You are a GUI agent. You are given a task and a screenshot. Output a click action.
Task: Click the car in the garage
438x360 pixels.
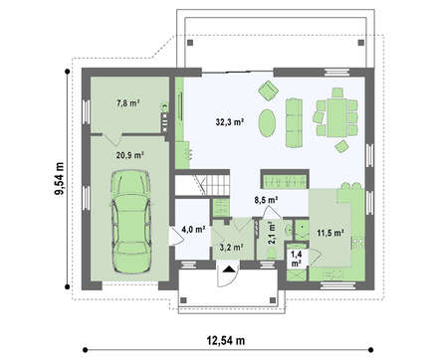click(131, 222)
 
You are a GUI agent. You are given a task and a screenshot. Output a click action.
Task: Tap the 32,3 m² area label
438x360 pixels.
click(230, 122)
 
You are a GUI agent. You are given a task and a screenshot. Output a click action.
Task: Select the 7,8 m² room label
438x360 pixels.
click(127, 103)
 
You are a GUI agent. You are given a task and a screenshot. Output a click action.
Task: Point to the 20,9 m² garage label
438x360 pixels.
click(129, 154)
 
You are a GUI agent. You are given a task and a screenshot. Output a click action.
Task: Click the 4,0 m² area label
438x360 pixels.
click(193, 229)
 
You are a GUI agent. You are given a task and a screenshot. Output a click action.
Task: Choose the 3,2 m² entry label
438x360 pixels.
click(232, 247)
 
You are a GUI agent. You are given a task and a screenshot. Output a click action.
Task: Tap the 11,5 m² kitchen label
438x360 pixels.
click(329, 233)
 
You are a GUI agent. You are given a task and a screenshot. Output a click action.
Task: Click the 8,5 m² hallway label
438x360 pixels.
click(266, 200)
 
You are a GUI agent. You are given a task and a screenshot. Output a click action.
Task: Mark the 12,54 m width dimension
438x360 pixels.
click(226, 340)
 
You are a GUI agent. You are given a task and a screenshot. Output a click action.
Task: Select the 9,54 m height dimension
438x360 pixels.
click(60, 179)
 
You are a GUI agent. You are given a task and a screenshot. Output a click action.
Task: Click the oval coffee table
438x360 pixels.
click(267, 123)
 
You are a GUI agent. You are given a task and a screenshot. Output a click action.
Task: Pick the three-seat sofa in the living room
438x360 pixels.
click(294, 122)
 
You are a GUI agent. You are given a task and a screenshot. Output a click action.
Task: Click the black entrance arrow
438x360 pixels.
click(228, 269)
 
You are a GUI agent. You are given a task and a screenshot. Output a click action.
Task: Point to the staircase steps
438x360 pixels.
click(217, 185)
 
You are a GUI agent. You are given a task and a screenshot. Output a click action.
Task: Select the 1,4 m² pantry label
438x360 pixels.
click(297, 259)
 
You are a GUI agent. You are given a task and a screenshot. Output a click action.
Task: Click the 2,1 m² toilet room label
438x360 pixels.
click(272, 233)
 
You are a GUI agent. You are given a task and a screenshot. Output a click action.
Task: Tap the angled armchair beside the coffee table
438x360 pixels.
click(268, 90)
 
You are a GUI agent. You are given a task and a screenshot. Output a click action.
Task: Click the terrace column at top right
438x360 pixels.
click(361, 43)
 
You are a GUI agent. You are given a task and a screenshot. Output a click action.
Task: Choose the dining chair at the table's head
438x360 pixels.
click(337, 92)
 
